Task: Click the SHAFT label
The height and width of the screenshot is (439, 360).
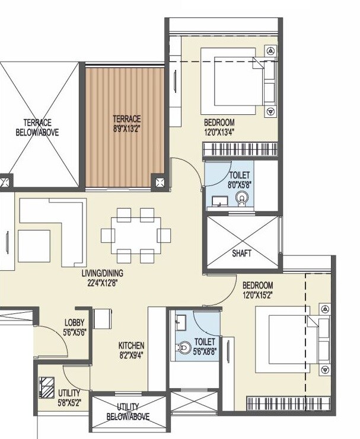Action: coord(241,253)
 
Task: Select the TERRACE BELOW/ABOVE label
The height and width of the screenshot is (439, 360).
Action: coord(37,128)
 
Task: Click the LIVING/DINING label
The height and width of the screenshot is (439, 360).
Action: coord(106,273)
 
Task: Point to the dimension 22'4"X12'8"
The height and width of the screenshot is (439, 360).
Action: coord(106,282)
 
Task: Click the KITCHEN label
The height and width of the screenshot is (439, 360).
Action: coord(131,345)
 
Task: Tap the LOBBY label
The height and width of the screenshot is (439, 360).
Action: coord(75,323)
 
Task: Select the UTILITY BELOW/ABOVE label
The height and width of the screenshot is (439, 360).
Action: coord(128,412)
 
